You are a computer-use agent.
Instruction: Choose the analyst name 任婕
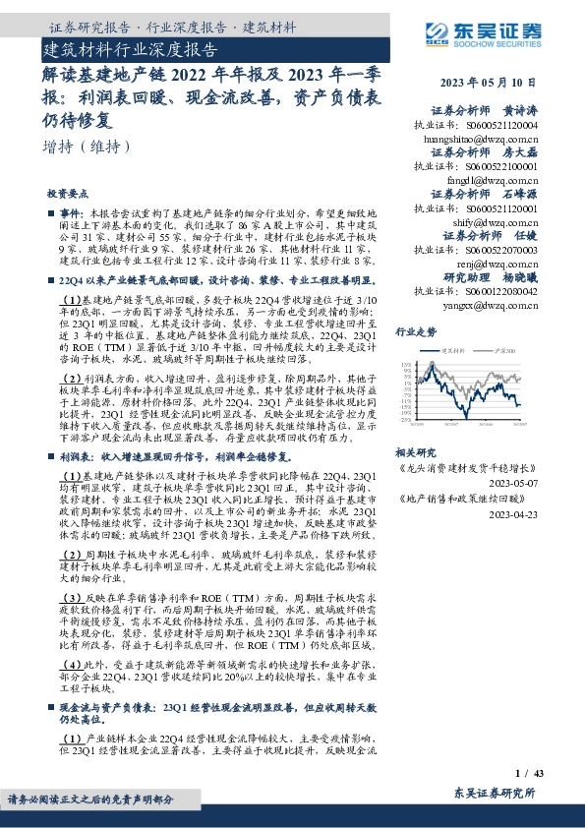pos(526,236)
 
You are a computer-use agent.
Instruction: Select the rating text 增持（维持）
pos(88,147)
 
